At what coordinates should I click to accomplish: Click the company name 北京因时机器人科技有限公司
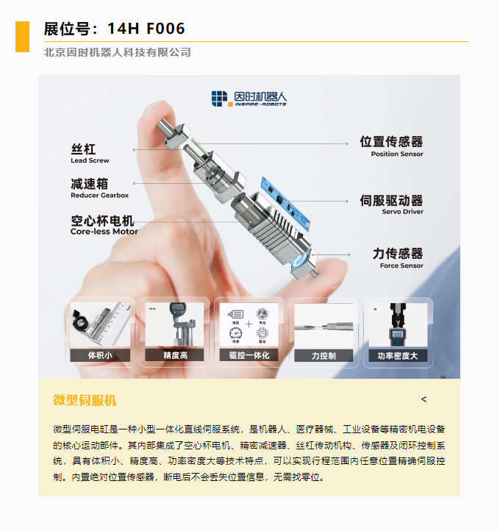[118, 52]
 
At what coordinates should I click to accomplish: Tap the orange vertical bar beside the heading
[22, 37]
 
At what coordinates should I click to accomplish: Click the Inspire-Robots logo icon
[220, 99]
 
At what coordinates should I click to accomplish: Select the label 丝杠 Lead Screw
[90, 153]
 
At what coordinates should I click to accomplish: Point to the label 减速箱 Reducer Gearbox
[99, 189]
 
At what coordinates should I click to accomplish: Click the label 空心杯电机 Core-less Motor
[104, 224]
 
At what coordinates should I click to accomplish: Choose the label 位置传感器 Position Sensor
[390, 146]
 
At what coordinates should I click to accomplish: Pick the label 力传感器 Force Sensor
[398, 258]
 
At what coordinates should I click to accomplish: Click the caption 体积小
[100, 355]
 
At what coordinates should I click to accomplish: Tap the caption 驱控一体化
[249, 355]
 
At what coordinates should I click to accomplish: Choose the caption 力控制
[324, 355]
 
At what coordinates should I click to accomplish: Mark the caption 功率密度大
[397, 355]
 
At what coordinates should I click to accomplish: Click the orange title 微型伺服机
[85, 400]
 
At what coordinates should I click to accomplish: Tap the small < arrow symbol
[424, 399]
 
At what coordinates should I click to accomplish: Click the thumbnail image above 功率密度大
[397, 324]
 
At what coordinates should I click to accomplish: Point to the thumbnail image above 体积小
[100, 324]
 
